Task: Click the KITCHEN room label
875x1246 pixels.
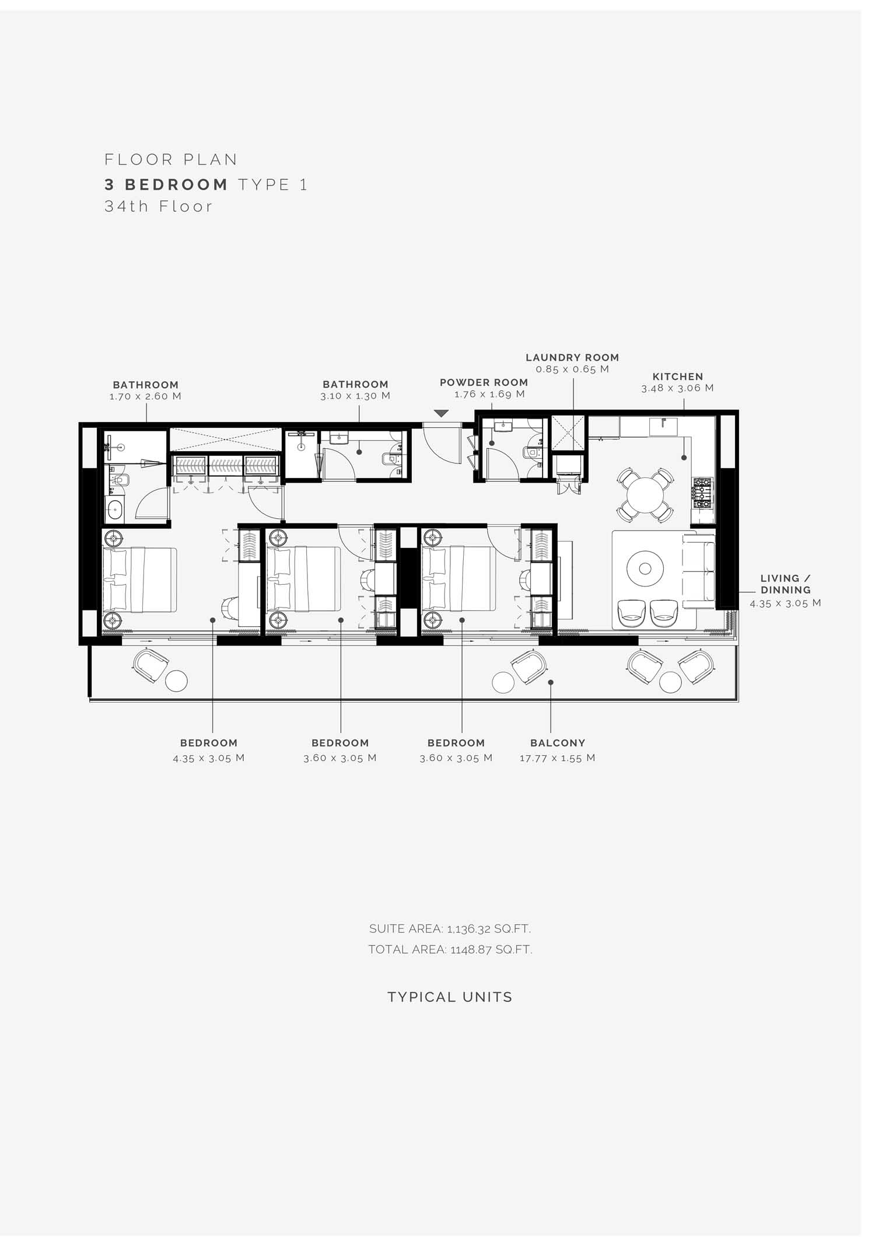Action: click(x=678, y=377)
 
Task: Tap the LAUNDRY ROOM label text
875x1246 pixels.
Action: click(x=572, y=358)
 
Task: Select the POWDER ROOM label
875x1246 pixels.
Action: click(x=484, y=383)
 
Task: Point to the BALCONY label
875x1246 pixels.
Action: click(x=558, y=743)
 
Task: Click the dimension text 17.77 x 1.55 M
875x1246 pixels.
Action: click(x=558, y=758)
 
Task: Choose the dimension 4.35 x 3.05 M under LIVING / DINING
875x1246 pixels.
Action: click(x=785, y=603)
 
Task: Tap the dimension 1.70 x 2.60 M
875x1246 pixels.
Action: click(x=145, y=396)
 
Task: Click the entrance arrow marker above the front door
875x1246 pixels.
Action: click(x=442, y=414)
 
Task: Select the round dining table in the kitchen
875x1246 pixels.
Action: click(x=645, y=494)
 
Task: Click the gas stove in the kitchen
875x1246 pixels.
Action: click(x=702, y=493)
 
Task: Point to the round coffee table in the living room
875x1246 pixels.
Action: click(x=645, y=568)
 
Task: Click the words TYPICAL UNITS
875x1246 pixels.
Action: click(x=450, y=997)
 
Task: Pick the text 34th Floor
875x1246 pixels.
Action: click(x=159, y=207)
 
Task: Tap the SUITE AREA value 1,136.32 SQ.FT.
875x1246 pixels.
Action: click(x=450, y=929)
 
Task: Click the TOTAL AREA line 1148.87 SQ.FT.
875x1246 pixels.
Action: click(x=450, y=950)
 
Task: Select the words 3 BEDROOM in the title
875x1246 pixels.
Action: click(x=166, y=184)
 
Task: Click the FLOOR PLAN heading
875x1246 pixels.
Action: click(x=171, y=159)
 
